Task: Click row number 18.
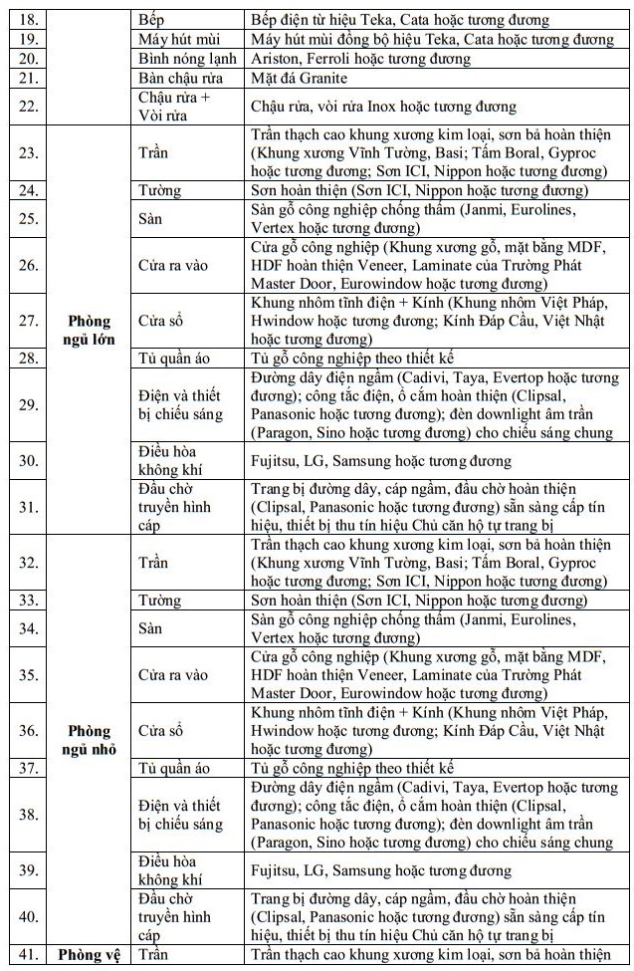coord(28,19)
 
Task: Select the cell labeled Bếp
coord(151,19)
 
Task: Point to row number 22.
coord(28,106)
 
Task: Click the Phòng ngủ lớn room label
coord(90,329)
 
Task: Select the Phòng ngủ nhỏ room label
coord(90,740)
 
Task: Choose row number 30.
coord(28,460)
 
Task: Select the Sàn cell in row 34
coord(150,628)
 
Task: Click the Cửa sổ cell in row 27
coord(160,321)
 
